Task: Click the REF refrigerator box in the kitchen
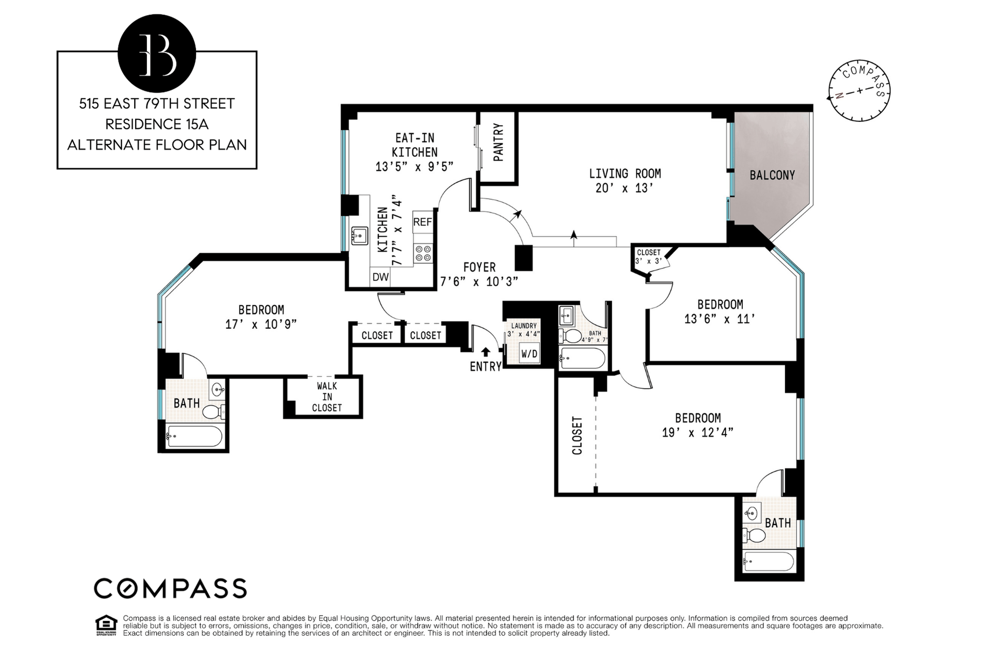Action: point(423,222)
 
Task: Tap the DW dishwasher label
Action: point(380,278)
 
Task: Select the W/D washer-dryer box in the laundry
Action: point(529,353)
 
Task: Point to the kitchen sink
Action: point(360,236)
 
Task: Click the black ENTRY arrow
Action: point(485,351)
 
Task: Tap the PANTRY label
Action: point(498,142)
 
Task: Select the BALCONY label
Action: point(772,175)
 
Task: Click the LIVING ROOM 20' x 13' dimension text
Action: point(625,188)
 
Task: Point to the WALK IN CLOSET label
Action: point(327,397)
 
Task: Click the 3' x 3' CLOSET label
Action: point(649,257)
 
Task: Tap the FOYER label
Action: point(479,267)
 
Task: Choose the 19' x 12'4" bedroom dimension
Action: point(697,432)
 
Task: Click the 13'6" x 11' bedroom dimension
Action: point(720,319)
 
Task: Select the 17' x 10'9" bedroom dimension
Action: point(261,324)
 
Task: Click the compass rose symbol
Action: point(860,91)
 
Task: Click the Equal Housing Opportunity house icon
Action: point(106,626)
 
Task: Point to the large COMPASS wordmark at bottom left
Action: point(170,589)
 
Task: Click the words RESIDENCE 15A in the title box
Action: point(157,124)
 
